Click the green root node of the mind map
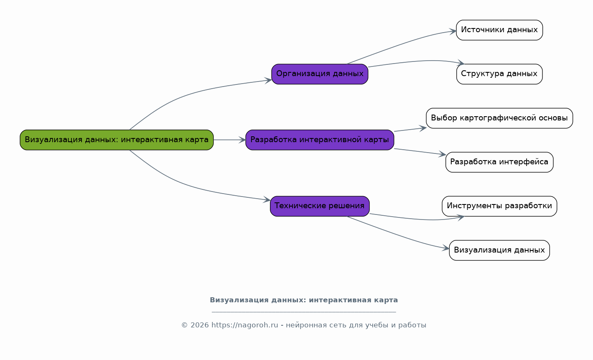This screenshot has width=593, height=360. point(117,140)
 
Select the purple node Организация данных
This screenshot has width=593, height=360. point(320,74)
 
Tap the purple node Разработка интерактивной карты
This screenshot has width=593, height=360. point(320,140)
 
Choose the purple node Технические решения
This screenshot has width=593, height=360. point(320,206)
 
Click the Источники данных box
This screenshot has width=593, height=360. point(499,30)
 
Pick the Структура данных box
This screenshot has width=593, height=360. point(499,74)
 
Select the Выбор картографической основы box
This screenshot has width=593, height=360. point(499,118)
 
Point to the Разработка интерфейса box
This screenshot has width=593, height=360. point(499,162)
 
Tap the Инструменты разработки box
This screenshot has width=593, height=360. point(499,206)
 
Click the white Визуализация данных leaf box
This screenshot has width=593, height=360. point(499,250)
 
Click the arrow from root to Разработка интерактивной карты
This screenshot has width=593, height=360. point(229,140)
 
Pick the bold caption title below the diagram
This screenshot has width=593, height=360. point(304,300)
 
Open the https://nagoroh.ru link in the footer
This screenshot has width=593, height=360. point(245,325)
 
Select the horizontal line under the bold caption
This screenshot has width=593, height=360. point(304,312)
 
